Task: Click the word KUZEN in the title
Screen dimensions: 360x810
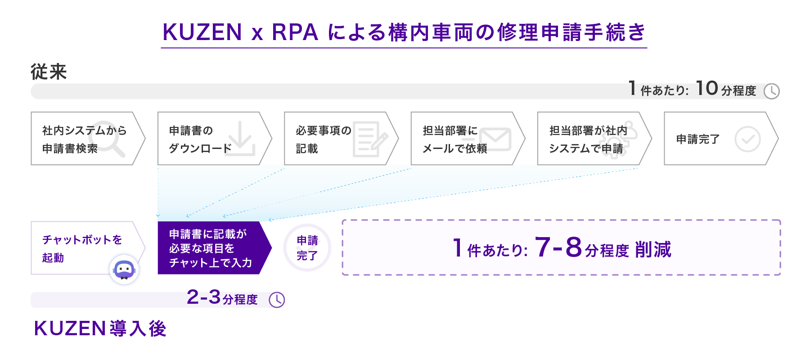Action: (202, 32)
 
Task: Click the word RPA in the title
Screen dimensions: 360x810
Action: (295, 32)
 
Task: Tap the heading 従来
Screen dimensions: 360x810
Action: (49, 72)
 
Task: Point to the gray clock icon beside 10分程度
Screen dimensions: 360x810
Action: (771, 91)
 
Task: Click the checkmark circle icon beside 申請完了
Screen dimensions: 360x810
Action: (747, 139)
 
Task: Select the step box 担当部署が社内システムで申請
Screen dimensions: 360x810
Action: (589, 139)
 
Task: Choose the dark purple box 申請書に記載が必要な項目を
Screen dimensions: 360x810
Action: (211, 248)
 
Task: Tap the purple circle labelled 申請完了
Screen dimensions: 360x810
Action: (307, 248)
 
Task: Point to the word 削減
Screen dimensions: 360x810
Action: (653, 250)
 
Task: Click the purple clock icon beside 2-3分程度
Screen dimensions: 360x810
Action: (277, 300)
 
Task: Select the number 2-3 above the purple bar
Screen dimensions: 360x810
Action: (203, 297)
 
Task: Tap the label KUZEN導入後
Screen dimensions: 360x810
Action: (100, 328)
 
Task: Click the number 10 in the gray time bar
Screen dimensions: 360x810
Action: (706, 89)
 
